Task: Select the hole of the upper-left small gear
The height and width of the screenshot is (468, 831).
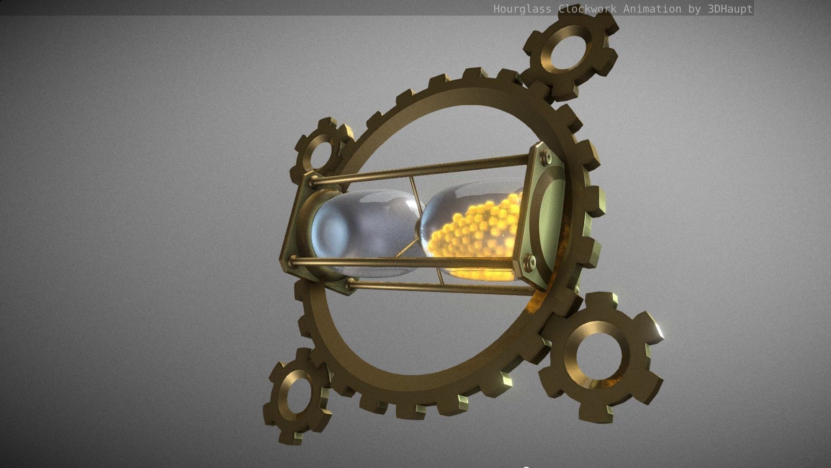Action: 321,152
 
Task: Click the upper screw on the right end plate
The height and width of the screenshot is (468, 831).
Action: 545,154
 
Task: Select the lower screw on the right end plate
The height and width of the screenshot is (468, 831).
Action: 529,260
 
